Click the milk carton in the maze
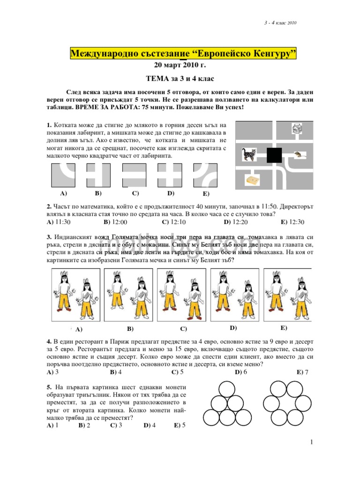coord(297,128)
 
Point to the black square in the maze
coord(275,155)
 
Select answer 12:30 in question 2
coord(293,222)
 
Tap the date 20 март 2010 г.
coord(180,66)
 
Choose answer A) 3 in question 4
coord(53,372)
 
